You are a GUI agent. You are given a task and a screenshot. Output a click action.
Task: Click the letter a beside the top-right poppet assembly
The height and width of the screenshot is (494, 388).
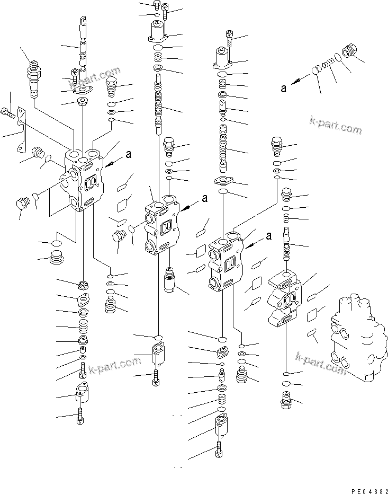pyautogui.click(x=284, y=88)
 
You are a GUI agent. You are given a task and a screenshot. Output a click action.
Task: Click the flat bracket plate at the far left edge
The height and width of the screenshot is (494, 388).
pyautogui.click(x=20, y=130)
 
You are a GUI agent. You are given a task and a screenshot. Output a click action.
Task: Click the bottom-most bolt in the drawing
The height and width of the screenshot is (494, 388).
pyautogui.click(x=219, y=450)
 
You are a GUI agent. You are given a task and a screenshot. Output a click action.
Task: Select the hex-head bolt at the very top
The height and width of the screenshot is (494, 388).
pyautogui.click(x=156, y=6)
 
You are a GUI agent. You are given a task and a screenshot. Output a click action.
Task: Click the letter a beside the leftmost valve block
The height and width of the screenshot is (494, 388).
pyautogui.click(x=129, y=155)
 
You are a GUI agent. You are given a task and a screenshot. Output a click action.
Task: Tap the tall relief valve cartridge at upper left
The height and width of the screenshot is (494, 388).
pyautogui.click(x=34, y=79)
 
